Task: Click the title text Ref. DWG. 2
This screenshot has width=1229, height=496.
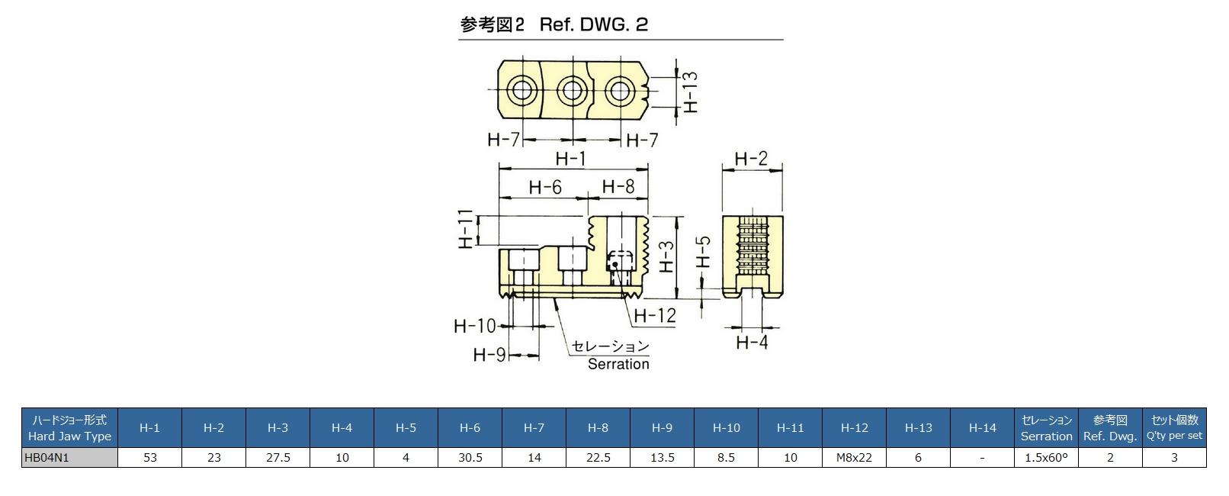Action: click(593, 24)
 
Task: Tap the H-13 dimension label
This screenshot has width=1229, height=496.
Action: click(690, 92)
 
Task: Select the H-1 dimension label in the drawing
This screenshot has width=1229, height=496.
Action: click(570, 159)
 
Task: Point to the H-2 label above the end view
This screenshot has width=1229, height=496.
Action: click(751, 159)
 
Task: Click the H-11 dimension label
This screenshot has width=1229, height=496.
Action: click(466, 229)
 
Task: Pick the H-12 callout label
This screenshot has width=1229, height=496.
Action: click(655, 315)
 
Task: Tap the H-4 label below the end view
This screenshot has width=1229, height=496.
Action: click(752, 343)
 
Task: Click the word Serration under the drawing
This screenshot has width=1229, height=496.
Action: click(618, 364)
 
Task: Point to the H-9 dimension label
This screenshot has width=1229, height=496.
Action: click(490, 355)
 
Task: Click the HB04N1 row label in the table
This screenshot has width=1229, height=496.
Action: click(69, 457)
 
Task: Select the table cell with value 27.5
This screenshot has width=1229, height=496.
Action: click(278, 457)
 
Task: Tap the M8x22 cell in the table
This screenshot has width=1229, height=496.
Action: click(854, 457)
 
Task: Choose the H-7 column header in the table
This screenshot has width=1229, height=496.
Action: click(534, 427)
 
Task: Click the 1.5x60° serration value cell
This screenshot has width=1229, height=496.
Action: click(1046, 457)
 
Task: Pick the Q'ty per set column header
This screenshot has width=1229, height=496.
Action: click(1174, 427)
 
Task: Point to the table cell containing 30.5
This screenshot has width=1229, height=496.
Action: click(470, 457)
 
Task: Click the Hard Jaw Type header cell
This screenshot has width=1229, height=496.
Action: click(69, 427)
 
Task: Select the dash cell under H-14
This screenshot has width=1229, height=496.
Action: click(982, 457)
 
